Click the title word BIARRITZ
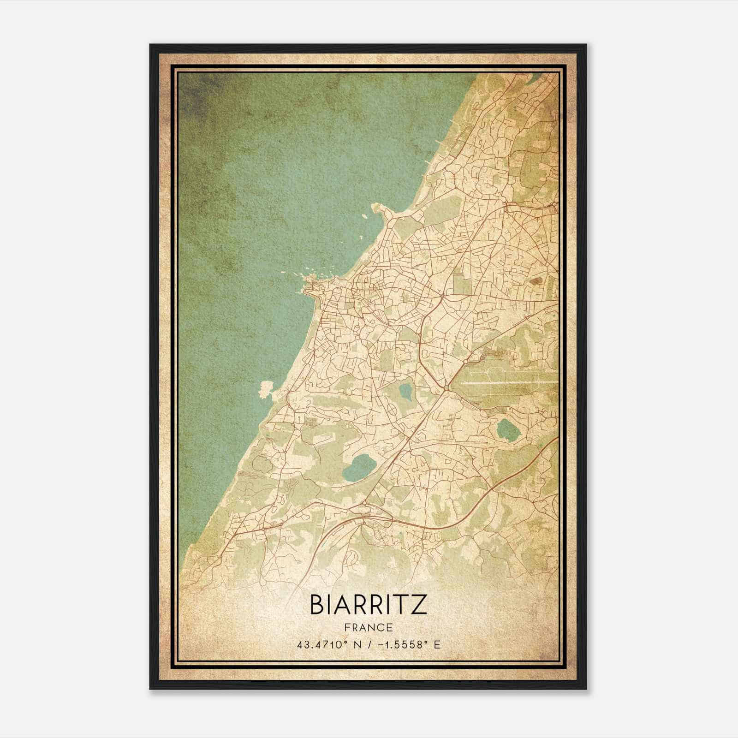[368, 604]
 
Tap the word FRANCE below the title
[368, 627]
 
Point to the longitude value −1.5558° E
[408, 644]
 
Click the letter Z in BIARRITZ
[418, 604]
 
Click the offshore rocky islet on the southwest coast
[266, 389]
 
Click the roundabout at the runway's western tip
[446, 390]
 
